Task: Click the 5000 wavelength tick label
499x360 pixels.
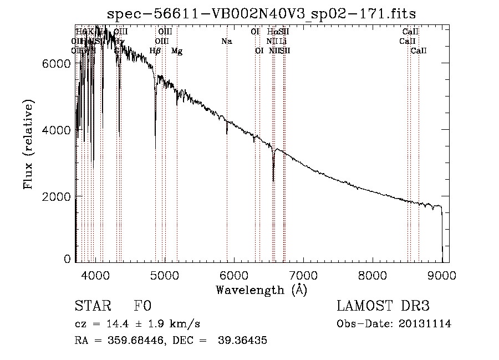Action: tap(164, 275)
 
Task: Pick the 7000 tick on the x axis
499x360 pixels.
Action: tap(303, 275)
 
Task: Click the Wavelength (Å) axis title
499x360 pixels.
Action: tap(261, 290)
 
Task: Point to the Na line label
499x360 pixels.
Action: tap(226, 41)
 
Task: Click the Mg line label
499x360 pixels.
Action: tap(177, 51)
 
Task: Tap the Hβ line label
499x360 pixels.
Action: tap(155, 51)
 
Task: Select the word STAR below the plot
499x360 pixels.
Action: tap(92, 306)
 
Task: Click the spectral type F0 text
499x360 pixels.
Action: tap(143, 306)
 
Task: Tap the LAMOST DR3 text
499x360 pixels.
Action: tap(383, 306)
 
